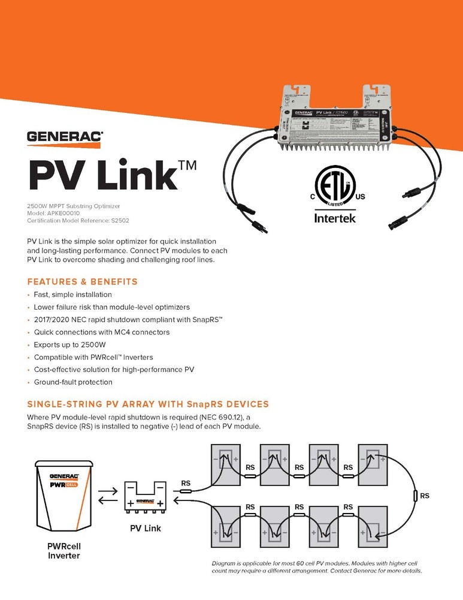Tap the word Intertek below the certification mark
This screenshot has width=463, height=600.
coord(335,218)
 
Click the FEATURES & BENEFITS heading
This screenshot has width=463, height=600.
coord(83,281)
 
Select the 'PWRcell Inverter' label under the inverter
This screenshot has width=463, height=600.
coord(63,550)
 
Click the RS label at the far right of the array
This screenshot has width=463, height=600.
coord(424,496)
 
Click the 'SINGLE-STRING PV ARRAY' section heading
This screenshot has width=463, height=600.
coord(148,404)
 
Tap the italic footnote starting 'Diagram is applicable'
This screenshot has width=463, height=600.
coord(317,567)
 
